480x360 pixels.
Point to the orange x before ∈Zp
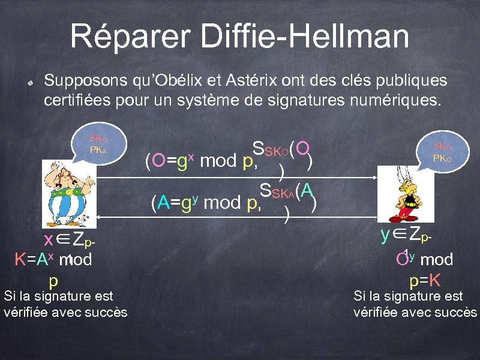(x=50, y=240)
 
